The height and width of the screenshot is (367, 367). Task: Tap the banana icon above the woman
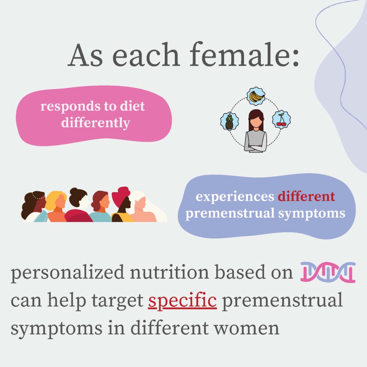coord(256,96)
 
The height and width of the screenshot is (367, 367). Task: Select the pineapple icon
coord(229,121)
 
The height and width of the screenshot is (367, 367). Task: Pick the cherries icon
coord(281,120)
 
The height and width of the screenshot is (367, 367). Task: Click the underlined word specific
coord(182,301)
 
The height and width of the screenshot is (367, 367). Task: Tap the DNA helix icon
coord(328,272)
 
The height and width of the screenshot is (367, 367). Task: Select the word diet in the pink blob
coord(133,106)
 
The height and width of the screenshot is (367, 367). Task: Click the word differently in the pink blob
coord(95,123)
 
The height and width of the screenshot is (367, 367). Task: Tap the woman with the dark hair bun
coord(78,205)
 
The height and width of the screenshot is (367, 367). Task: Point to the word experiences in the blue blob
coord(235,197)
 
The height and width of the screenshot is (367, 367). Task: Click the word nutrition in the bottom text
coord(169,272)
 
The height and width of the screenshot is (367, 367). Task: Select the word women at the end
coord(247,329)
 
